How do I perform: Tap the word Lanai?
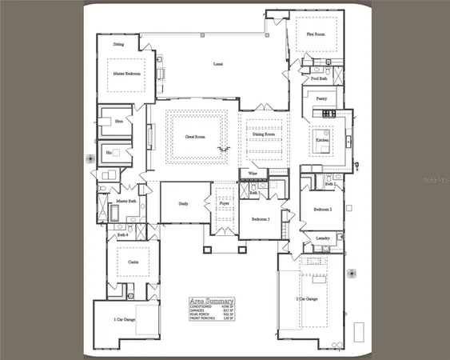[x=217, y=63]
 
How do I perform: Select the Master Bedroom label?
[x=126, y=73]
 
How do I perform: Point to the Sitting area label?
[x=118, y=45]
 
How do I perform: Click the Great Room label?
[x=197, y=137]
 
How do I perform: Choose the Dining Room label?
[x=263, y=134]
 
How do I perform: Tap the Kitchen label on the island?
[x=322, y=140]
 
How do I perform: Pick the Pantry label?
[x=321, y=99]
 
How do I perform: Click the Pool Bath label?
[x=319, y=79]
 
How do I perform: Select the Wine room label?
[x=253, y=172]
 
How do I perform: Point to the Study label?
[x=183, y=203]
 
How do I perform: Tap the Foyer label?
[x=225, y=204]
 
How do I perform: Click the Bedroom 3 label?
[x=261, y=218]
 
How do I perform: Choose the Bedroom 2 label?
[x=322, y=209]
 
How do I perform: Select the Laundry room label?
[x=323, y=238]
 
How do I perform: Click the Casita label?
[x=125, y=261]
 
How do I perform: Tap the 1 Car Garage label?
[x=116, y=320]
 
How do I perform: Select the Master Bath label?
[x=126, y=201]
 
